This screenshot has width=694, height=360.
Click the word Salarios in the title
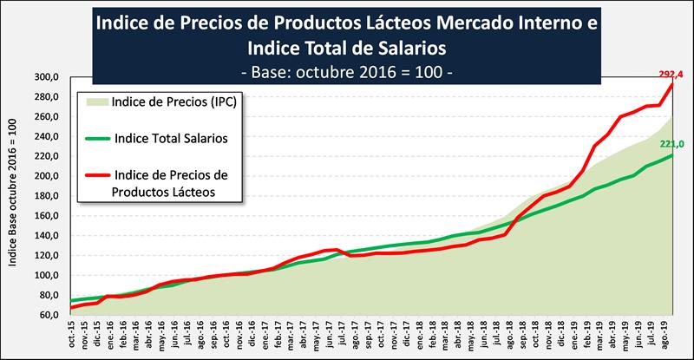[409, 44]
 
